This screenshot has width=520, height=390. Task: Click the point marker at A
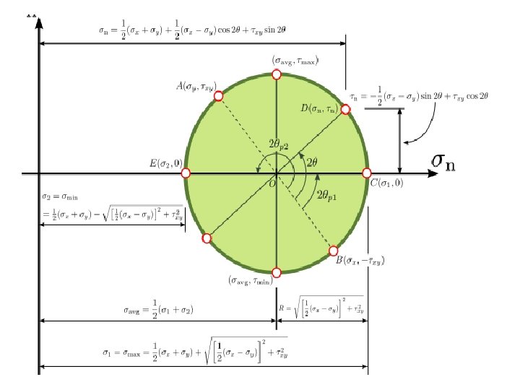tap(219, 96)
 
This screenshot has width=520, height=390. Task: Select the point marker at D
tap(345, 109)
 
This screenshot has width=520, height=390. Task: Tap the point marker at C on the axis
tap(365, 173)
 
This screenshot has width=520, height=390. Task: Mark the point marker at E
tap(186, 173)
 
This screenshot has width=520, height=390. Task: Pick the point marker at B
tap(334, 251)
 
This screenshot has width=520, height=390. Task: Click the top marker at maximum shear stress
tap(276, 75)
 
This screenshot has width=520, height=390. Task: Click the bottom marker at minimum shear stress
tap(276, 272)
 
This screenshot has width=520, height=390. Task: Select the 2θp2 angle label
tap(279, 144)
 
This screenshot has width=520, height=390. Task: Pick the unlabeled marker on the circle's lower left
tap(207, 238)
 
